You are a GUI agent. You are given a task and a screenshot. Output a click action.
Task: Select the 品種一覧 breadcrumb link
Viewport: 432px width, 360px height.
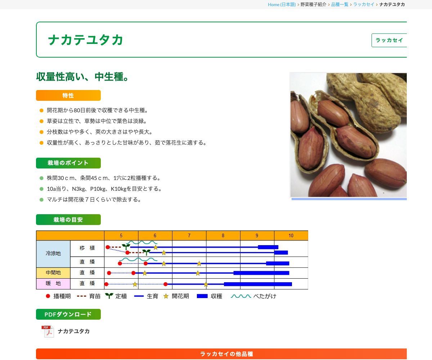[339, 4]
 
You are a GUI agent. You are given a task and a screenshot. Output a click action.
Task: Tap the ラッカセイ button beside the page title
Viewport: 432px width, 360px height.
[389, 40]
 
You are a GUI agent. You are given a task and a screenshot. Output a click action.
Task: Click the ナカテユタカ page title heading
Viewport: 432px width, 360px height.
[86, 40]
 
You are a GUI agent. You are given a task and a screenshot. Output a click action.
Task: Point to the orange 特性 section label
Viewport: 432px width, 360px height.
[68, 95]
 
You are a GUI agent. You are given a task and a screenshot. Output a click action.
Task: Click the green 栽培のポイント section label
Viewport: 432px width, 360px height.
[68, 163]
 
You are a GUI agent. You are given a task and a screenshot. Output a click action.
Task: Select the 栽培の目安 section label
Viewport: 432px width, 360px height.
[68, 220]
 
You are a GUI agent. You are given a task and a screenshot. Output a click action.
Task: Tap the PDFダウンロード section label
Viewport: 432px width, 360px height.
[68, 314]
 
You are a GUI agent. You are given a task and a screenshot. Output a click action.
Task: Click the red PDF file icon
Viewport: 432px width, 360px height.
[48, 331]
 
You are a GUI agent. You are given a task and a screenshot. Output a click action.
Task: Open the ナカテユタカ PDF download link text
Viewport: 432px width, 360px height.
[74, 331]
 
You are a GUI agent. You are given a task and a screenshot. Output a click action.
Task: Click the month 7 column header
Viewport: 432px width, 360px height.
[189, 235]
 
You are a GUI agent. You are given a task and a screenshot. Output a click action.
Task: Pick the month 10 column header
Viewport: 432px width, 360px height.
[291, 235]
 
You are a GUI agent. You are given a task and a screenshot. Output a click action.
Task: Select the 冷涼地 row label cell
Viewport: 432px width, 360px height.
[53, 253]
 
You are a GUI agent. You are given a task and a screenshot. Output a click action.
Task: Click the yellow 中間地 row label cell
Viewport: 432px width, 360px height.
[53, 273]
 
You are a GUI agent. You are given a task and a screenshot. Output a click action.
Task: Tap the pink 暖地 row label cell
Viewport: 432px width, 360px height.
[53, 284]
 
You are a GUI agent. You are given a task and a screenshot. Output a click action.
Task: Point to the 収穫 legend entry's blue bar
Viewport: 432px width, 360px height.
[202, 296]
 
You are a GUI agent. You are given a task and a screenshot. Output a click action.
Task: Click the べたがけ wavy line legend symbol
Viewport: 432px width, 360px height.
[240, 296]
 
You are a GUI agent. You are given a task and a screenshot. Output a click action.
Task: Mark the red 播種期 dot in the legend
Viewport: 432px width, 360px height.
[48, 296]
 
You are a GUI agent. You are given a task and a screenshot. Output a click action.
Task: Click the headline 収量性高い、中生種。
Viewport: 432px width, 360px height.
[83, 77]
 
